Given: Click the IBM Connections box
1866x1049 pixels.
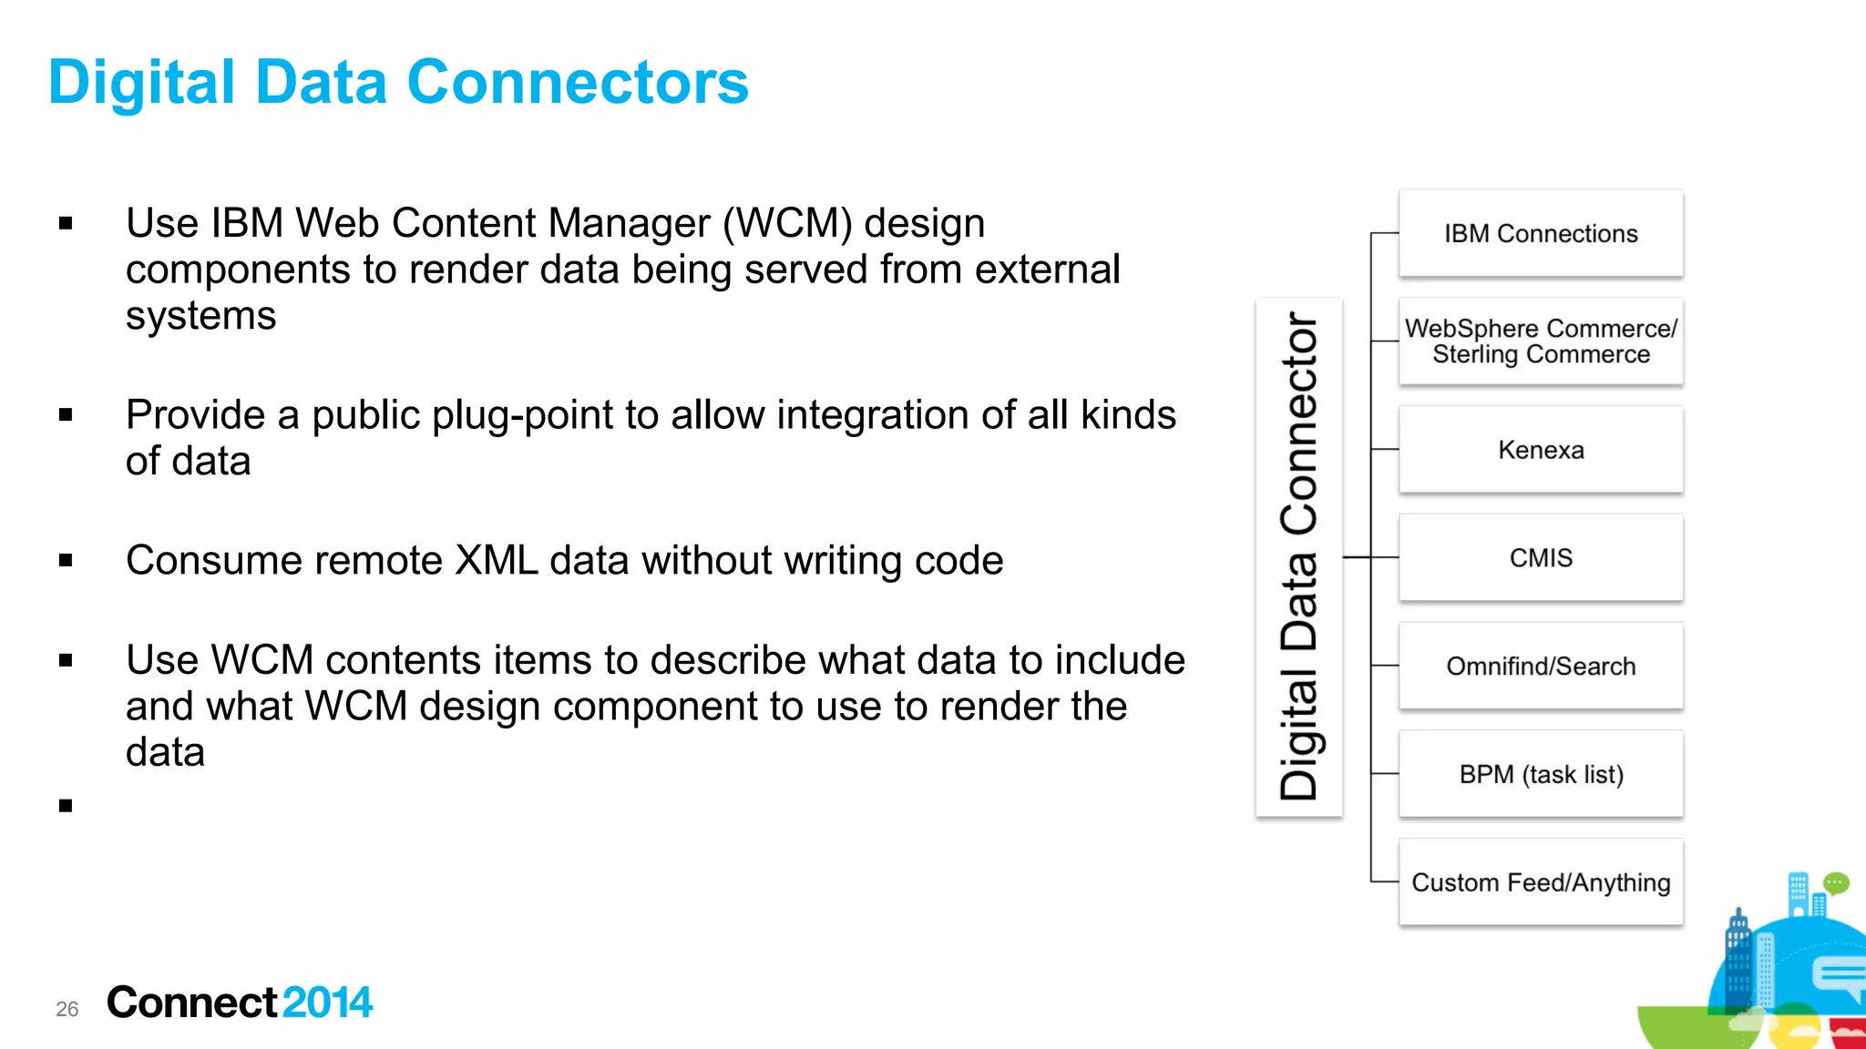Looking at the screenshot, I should pos(1540,234).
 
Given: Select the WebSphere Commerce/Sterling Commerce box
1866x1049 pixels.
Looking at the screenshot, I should pos(1540,341).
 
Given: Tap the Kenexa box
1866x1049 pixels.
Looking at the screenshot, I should pos(1540,450).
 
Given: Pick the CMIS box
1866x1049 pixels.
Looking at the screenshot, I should pos(1540,557).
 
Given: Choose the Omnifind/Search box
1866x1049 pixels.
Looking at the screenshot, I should pos(1540,666).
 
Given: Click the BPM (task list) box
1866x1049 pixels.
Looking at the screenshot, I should pos(1540,774).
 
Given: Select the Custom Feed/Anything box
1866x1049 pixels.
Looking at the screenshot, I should pos(1540,882).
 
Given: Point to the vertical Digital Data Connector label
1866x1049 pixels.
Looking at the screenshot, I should pos(1298,557).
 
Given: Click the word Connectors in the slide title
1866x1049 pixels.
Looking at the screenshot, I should pos(578,83).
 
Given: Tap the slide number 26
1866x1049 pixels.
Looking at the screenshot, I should pos(67,1009).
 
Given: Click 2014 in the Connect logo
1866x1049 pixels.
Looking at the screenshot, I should pos(327,1003).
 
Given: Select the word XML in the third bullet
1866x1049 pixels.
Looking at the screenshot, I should pos(496,560).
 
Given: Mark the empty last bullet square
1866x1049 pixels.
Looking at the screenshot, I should pos(66,805).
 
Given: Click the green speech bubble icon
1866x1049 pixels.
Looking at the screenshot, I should pos(1836,882).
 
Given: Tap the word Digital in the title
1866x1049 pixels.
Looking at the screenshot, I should pos(141,83).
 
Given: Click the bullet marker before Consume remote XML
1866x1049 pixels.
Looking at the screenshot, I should pos(66,560).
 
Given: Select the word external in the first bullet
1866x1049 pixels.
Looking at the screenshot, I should pos(1047,270).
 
